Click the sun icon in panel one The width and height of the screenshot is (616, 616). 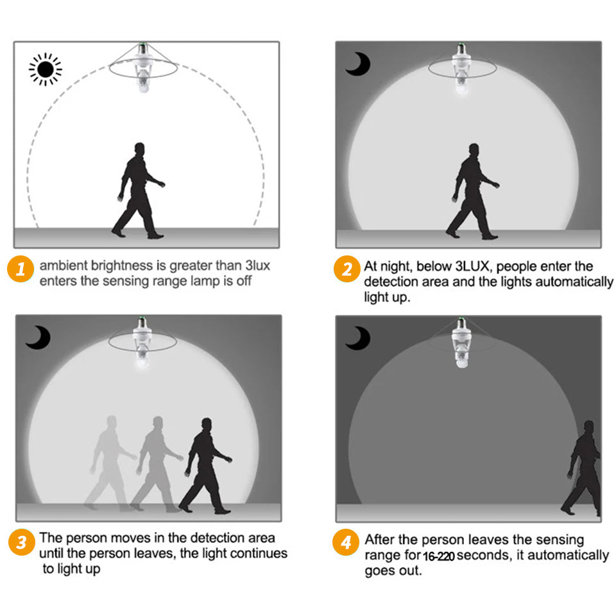(45, 69)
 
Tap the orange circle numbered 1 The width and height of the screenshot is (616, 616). (21, 269)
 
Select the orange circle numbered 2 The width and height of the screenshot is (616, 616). (347, 269)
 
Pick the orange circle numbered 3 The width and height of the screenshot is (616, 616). (21, 542)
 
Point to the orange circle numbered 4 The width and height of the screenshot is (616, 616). (346, 542)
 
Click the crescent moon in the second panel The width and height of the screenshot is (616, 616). (358, 64)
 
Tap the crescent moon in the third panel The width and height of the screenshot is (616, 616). (38, 337)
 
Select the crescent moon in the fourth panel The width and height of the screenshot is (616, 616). (358, 338)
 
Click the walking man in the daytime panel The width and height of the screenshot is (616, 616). (139, 191)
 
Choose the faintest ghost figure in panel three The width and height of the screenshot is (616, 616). (111, 463)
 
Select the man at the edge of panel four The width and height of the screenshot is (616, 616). (582, 468)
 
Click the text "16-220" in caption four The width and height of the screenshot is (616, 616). (439, 556)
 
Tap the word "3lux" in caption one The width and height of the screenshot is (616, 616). (257, 266)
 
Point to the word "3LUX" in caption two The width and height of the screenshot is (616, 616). (472, 266)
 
